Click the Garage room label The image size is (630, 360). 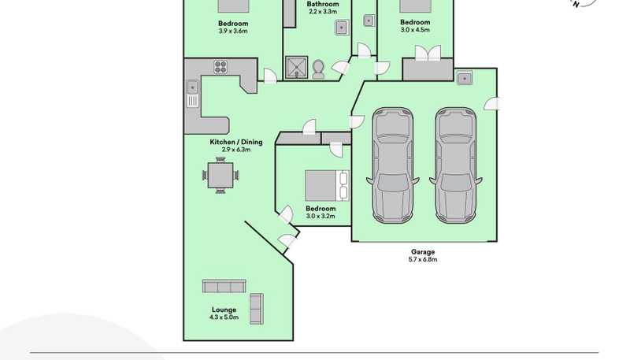click(x=423, y=252)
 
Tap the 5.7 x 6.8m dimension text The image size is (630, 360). click(x=423, y=259)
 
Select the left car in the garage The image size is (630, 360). click(x=392, y=165)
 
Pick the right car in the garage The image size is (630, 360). click(x=456, y=165)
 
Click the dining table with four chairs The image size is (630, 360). click(x=220, y=175)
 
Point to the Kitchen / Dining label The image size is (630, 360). click(x=236, y=142)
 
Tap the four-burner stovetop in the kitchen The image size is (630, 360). click(x=220, y=67)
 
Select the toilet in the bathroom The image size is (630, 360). click(x=318, y=69)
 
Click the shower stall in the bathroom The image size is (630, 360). click(x=297, y=67)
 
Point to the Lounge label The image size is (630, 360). click(x=224, y=310)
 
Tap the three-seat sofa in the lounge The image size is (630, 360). click(x=224, y=286)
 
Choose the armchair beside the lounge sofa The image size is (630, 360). click(x=257, y=309)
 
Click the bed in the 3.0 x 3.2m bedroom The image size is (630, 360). click(x=327, y=185)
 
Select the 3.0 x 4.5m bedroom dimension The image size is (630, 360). click(x=415, y=30)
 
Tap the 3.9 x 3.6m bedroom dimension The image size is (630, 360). click(x=233, y=31)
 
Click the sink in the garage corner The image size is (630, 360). click(x=465, y=78)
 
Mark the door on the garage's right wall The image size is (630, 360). click(x=491, y=104)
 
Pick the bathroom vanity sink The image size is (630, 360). click(x=342, y=28)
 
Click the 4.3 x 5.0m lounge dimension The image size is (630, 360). click(x=224, y=317)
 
